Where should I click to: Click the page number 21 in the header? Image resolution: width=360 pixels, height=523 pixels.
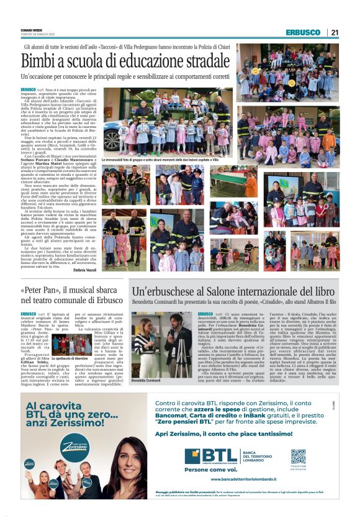pos(335,32)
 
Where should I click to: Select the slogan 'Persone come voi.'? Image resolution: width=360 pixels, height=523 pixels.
pos(207,470)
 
